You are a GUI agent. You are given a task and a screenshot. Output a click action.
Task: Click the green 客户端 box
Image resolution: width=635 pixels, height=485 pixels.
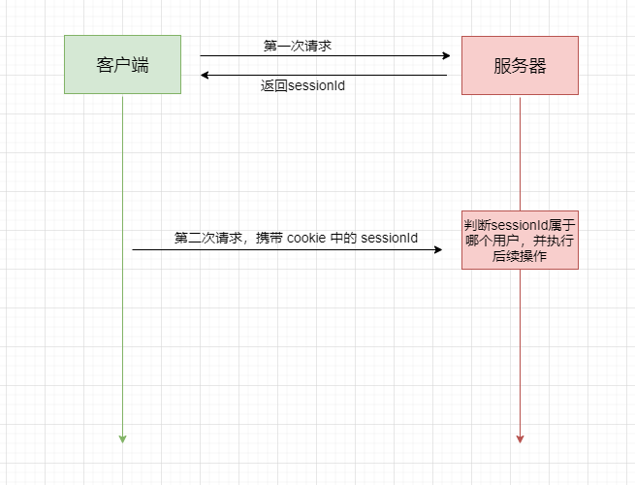[x=122, y=65]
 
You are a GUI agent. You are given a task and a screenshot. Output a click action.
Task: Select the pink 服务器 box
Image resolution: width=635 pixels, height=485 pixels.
[x=520, y=65]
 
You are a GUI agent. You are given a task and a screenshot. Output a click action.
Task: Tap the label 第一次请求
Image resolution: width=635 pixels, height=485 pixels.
[x=298, y=46]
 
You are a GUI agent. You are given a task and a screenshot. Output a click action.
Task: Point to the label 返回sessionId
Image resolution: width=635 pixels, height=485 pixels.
[x=302, y=85]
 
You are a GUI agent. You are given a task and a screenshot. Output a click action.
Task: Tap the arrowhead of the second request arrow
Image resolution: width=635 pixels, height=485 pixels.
[x=437, y=250]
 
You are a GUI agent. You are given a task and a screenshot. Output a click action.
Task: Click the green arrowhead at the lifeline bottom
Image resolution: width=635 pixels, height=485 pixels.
[x=122, y=438]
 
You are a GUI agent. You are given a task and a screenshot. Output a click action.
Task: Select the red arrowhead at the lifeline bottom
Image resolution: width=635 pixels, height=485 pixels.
[x=520, y=438]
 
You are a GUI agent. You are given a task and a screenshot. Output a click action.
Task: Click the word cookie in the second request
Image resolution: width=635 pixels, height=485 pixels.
[x=305, y=238]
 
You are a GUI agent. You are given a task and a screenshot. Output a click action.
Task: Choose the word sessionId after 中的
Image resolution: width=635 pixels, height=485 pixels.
[x=390, y=238]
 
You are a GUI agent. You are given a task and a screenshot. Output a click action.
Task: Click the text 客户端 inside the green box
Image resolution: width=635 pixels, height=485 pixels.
[x=122, y=65]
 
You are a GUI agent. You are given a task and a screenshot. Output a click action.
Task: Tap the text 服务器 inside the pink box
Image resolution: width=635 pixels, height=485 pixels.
[x=520, y=65]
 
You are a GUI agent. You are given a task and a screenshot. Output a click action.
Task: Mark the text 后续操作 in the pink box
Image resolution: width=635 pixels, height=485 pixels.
[x=520, y=257]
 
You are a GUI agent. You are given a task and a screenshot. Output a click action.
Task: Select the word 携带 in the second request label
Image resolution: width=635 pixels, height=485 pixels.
[x=270, y=238]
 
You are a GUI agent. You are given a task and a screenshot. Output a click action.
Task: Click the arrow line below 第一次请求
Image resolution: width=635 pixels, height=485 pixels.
[x=320, y=56]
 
